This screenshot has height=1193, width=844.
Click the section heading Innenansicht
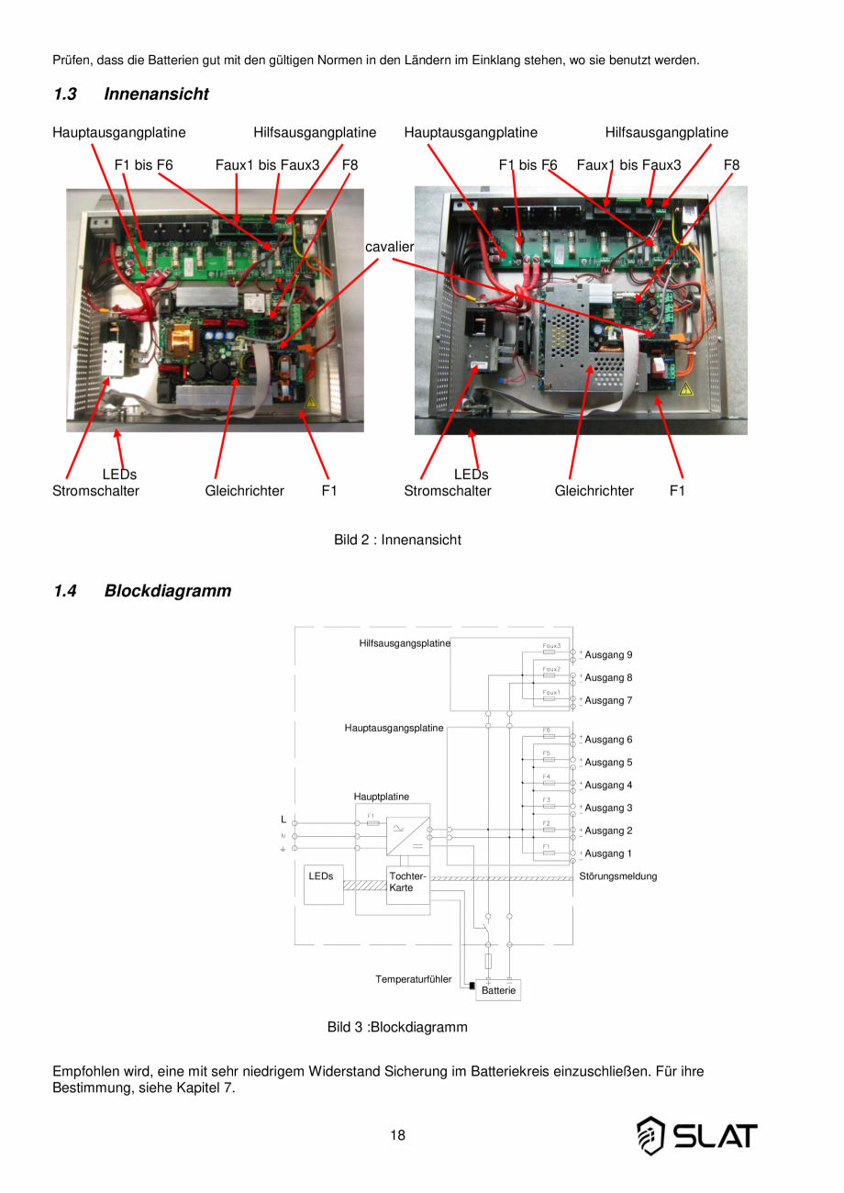coord(156,95)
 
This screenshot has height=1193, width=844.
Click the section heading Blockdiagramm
coord(167,591)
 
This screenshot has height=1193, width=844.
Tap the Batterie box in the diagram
coord(498,991)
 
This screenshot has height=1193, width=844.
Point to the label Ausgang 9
coord(608,655)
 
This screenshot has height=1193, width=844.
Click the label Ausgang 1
coord(608,853)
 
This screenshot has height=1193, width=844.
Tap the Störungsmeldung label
coord(618,876)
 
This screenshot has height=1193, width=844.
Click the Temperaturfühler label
coord(413,980)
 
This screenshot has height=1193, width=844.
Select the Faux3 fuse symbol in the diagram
coord(550,650)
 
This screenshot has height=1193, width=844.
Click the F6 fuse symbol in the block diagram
coord(548,735)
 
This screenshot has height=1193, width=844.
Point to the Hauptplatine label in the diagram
coord(382,797)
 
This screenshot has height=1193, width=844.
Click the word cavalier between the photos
coord(390,248)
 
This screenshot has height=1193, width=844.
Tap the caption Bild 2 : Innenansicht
coord(397,540)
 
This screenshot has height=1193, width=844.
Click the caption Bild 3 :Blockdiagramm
coord(397,1027)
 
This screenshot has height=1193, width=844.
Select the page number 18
coord(397,1135)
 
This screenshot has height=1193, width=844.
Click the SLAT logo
coord(697,1136)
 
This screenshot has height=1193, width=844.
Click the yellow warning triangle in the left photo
coord(312,402)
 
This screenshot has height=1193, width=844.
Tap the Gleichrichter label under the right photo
coord(594,491)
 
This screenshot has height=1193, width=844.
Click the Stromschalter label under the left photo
coord(95,491)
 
